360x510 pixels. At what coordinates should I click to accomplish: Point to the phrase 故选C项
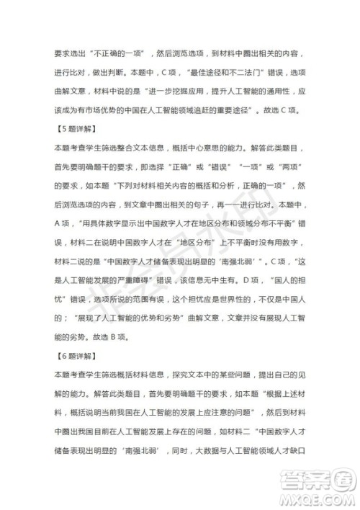293,110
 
